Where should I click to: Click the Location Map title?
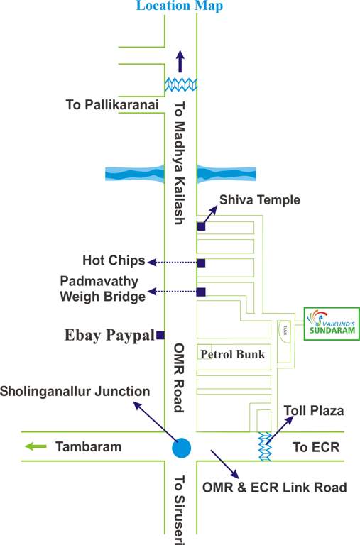point(180,6)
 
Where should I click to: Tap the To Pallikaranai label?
point(110,105)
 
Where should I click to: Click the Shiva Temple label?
point(259,200)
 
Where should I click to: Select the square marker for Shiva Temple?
point(201,226)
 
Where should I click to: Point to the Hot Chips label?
point(114,260)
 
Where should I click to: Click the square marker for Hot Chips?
point(201,263)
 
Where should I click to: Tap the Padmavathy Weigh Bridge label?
point(104,288)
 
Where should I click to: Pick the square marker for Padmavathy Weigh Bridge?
point(201,291)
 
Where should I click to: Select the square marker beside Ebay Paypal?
point(160,335)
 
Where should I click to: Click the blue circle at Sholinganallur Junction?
point(182,448)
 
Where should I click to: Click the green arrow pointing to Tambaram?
point(36,447)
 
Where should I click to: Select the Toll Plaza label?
point(313,411)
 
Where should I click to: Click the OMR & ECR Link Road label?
point(274,488)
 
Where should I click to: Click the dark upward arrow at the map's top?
point(180,61)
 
